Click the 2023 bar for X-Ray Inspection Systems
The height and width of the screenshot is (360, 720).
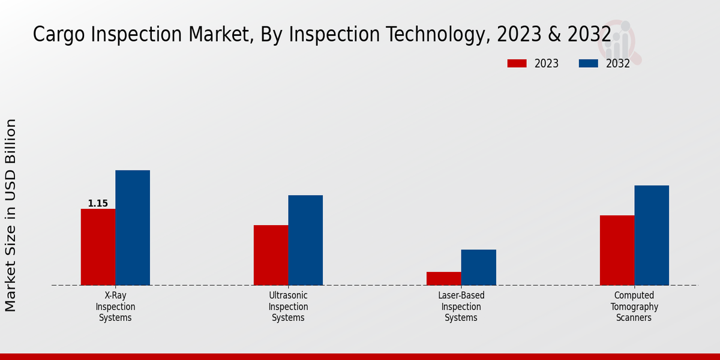pyautogui.click(x=98, y=247)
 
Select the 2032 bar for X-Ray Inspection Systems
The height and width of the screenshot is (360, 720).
pyautogui.click(x=133, y=227)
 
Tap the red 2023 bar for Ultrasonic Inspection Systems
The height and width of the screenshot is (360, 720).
pyautogui.click(x=271, y=255)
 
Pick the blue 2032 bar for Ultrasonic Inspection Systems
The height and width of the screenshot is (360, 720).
pyautogui.click(x=305, y=240)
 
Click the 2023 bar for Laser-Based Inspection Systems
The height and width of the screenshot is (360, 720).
pyautogui.click(x=444, y=278)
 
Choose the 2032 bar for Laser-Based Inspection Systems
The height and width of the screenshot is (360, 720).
pyautogui.click(x=479, y=267)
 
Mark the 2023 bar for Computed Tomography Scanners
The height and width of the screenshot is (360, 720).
pyautogui.click(x=617, y=250)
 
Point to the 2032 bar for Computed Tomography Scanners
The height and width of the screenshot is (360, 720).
pyautogui.click(x=652, y=235)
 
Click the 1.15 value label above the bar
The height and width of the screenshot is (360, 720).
pyautogui.click(x=98, y=203)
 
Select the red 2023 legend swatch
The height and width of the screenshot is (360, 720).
pyautogui.click(x=517, y=64)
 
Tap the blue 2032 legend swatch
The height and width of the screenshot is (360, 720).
pyautogui.click(x=589, y=64)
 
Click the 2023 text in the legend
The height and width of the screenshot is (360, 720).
pyautogui.click(x=546, y=64)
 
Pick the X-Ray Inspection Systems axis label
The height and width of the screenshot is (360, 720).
pyautogui.click(x=115, y=307)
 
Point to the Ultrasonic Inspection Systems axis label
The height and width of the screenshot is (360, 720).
pyautogui.click(x=288, y=307)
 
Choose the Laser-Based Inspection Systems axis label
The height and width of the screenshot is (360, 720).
pyautogui.click(x=461, y=307)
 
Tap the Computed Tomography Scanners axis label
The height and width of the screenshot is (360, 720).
pyautogui.click(x=634, y=307)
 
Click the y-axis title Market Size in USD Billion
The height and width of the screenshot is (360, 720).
pyautogui.click(x=11, y=215)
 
